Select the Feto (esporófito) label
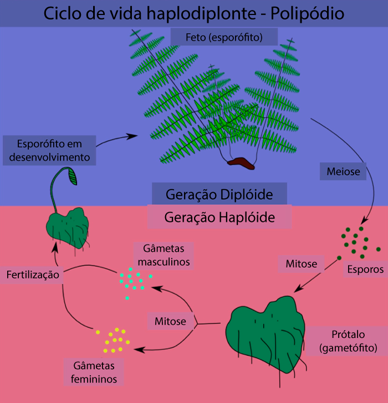pos(224,38)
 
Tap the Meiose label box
pos(344,172)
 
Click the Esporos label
pos(365,270)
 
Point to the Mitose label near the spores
pos(301,263)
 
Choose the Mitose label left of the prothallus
pos(170,321)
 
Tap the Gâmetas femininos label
pos(94,372)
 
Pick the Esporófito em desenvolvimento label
pos(49,150)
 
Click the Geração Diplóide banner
pos(219,194)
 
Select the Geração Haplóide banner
pos(219,217)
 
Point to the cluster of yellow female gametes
pos(114,340)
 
